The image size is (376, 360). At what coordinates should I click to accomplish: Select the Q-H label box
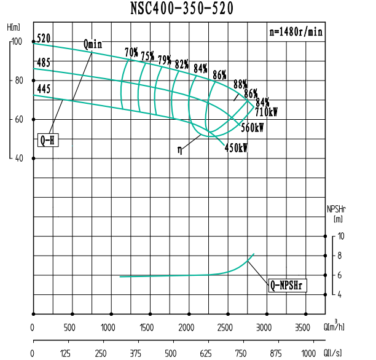pos(47,140)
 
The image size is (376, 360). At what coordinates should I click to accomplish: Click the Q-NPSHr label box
pos(288,286)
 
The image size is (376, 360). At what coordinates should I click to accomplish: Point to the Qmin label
pos(92,44)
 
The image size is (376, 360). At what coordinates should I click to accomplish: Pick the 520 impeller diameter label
pos(44,39)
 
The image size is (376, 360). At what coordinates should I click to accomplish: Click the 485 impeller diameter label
pos(44,62)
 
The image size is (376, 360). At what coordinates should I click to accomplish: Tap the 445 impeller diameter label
pos(44,89)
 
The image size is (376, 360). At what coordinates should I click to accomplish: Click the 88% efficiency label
pos(240,84)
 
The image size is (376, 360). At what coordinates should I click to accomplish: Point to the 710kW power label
pos(266,112)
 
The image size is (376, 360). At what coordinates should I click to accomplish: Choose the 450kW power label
pos(236,148)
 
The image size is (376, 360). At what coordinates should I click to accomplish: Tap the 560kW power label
pos(253,128)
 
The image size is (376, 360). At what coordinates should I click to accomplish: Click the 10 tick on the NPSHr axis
pos(341,237)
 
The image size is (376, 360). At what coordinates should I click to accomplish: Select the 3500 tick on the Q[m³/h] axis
pos(303,326)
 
